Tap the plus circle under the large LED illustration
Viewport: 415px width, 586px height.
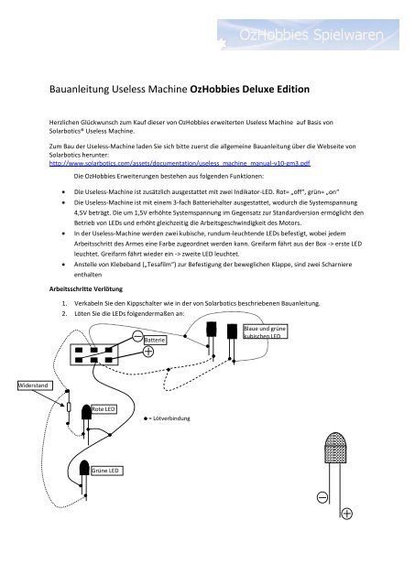(x=348, y=512)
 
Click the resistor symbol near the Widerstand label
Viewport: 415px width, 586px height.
(x=69, y=406)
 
